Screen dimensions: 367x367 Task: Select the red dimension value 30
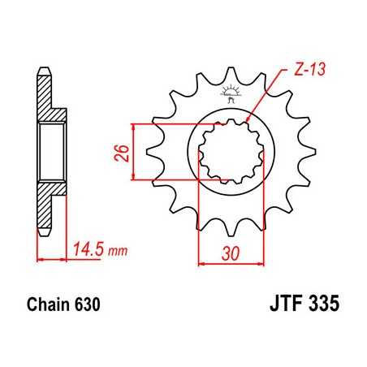231,253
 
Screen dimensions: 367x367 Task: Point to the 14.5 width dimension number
88,248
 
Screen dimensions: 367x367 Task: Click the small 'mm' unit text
119,250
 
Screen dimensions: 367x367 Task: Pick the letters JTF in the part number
281,307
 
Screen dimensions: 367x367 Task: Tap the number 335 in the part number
322,307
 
